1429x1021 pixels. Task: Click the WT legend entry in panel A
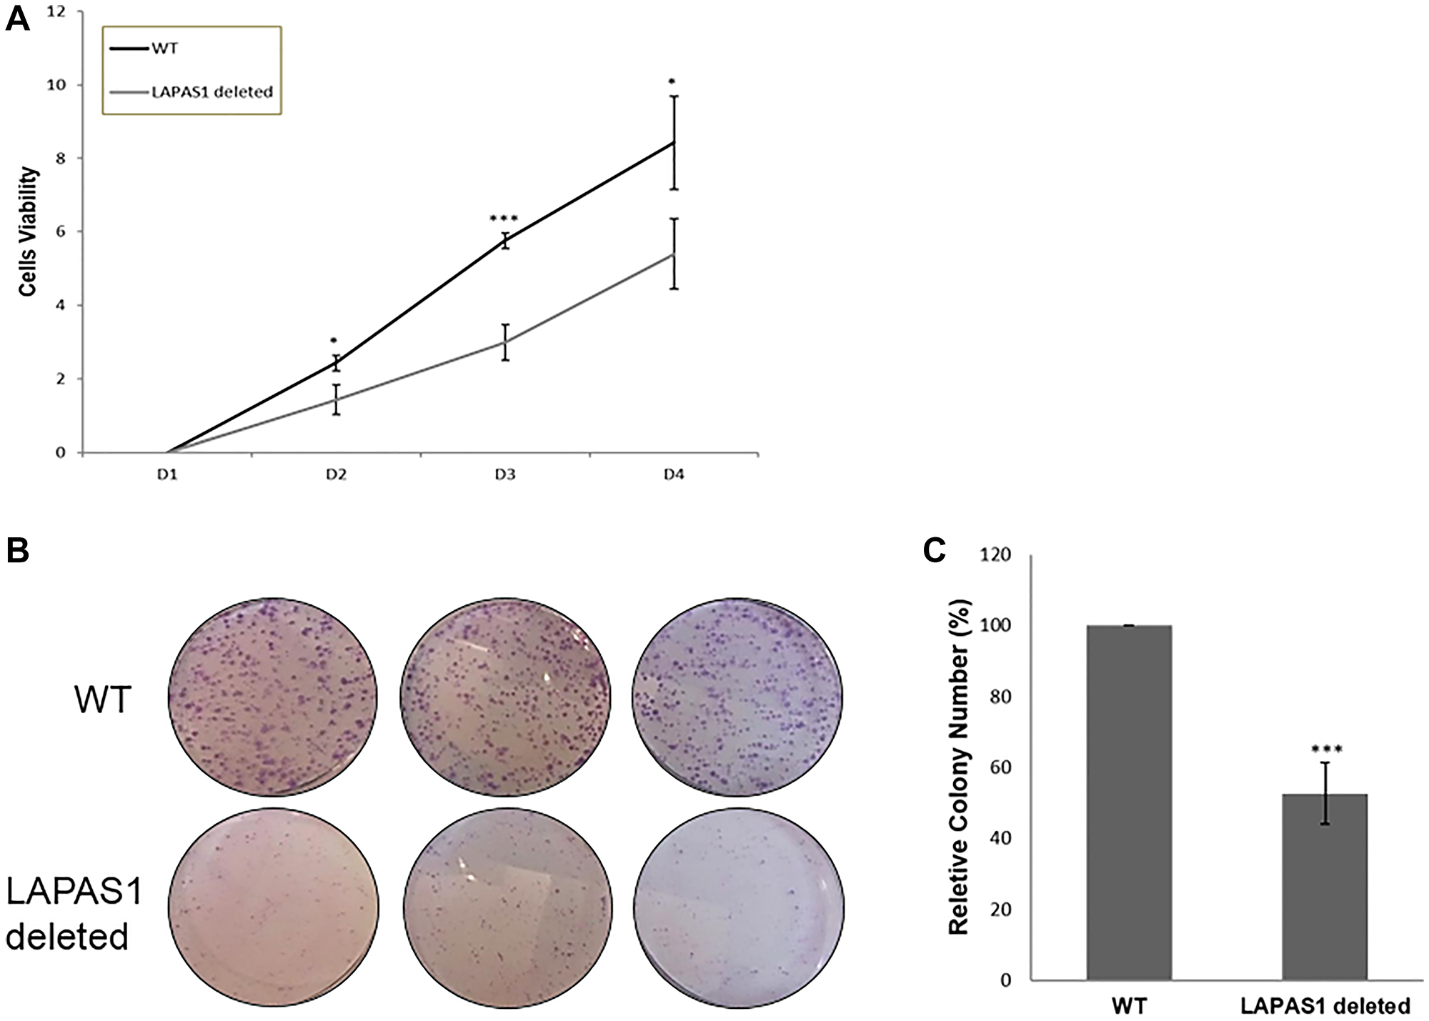coord(164,50)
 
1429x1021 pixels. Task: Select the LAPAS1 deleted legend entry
coord(211,91)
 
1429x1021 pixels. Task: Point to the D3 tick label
coord(505,475)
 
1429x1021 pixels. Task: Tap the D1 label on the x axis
coord(168,475)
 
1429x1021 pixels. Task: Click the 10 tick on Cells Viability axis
coord(66,85)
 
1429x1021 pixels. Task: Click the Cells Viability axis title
coord(28,232)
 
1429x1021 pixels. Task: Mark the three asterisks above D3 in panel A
coord(504,219)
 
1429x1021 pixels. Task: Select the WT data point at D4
coord(674,143)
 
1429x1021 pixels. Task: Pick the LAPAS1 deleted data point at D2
coord(336,399)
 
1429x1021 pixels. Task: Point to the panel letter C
coord(935,551)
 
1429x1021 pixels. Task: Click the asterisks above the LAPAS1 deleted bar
coord(1327,749)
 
